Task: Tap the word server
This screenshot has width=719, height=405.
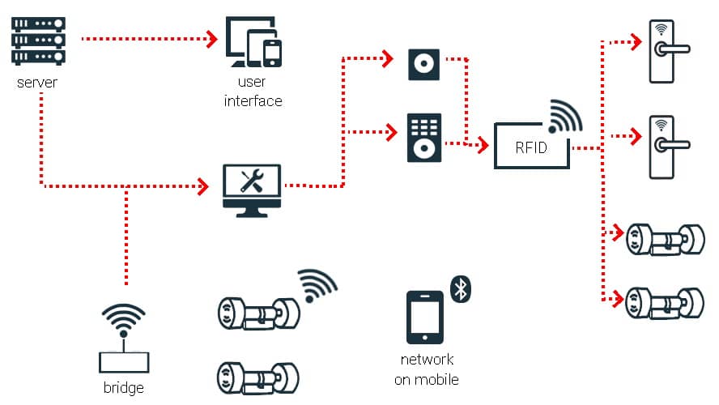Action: pos(37,83)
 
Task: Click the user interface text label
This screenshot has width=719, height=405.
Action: pos(253,92)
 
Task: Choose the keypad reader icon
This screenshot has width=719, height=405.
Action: pos(424,139)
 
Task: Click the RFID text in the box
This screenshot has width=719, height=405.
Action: pos(531,147)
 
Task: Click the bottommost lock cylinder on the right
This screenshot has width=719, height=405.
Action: pos(665,303)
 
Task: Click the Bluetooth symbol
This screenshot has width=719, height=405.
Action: pos(462,288)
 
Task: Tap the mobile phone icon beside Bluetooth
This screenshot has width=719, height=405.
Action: pos(423,317)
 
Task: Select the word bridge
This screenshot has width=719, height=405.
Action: pos(124,388)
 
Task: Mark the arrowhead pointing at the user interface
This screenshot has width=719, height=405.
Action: pos(212,37)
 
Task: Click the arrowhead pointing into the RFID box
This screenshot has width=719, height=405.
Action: pos(483,146)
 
